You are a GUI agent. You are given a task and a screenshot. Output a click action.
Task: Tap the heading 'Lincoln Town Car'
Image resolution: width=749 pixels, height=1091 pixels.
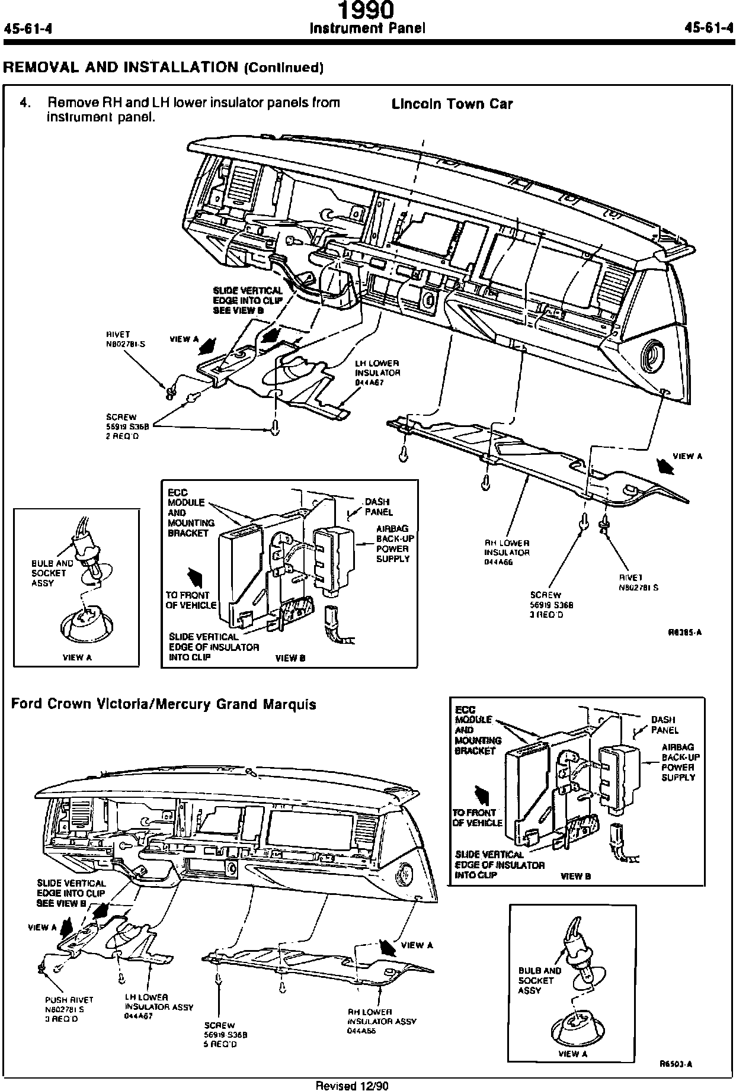pyautogui.click(x=452, y=104)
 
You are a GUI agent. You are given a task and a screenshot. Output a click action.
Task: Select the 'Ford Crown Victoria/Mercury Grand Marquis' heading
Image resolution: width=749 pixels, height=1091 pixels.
pyautogui.click(x=164, y=704)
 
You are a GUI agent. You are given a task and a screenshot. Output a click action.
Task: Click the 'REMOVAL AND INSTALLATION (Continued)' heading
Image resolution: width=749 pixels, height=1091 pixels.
pyautogui.click(x=164, y=67)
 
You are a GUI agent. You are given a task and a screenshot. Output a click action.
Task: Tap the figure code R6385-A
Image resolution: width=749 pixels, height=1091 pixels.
pyautogui.click(x=685, y=632)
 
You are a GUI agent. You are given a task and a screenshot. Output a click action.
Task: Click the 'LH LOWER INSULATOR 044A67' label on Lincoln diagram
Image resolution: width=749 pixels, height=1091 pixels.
pyautogui.click(x=377, y=373)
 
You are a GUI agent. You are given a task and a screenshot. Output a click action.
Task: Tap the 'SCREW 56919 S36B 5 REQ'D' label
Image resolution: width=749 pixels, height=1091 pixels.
pyautogui.click(x=225, y=1034)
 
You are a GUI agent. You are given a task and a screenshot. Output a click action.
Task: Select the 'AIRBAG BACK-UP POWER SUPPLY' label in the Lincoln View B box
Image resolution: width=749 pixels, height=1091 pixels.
pyautogui.click(x=393, y=544)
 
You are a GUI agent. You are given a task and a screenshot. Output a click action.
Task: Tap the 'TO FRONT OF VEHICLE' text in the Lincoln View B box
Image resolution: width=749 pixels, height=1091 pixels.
pyautogui.click(x=187, y=600)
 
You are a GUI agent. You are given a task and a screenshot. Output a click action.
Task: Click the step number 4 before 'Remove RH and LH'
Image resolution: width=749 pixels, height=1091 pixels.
pyautogui.click(x=24, y=103)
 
